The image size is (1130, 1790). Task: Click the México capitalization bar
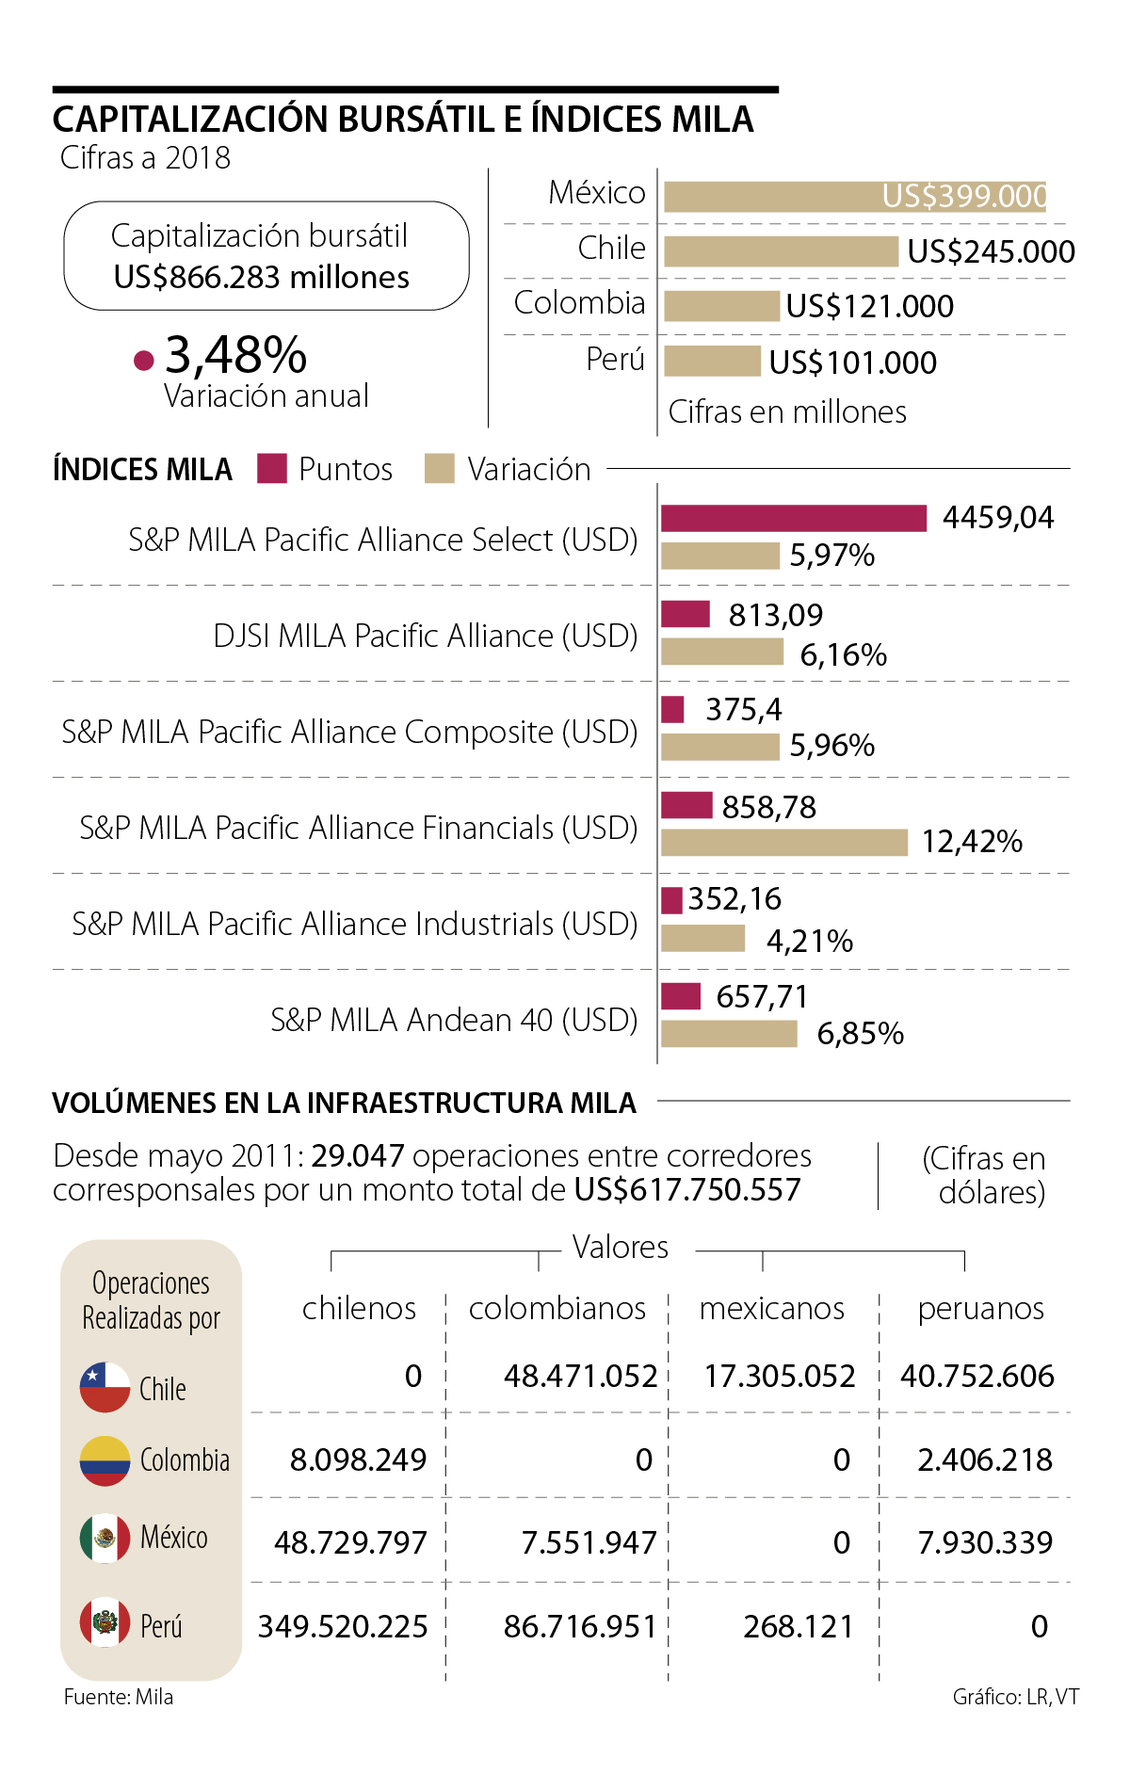[854, 197]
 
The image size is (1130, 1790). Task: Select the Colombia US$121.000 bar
[721, 306]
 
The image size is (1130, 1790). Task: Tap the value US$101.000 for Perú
[852, 363]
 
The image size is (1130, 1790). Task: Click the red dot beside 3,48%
[144, 360]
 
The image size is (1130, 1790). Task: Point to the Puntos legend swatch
[272, 469]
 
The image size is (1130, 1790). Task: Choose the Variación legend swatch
[440, 469]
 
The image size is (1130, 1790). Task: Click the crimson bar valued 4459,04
[793, 518]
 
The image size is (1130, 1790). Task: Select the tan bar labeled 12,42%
[783, 842]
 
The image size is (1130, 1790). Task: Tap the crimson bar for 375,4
[672, 709]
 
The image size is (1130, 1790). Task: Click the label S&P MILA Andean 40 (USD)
[454, 1020]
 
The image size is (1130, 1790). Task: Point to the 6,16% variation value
[843, 654]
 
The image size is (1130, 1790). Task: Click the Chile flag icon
[105, 1387]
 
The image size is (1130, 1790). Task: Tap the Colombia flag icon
[105, 1460]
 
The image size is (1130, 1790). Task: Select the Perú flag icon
[105, 1621]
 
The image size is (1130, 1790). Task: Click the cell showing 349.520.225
[343, 1626]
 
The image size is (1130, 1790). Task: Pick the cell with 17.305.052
[780, 1376]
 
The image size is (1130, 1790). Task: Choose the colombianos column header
[557, 1308]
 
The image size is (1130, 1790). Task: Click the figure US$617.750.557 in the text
[687, 1190]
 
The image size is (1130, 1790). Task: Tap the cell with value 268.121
[798, 1626]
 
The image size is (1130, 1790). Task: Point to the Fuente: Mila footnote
[119, 1697]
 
